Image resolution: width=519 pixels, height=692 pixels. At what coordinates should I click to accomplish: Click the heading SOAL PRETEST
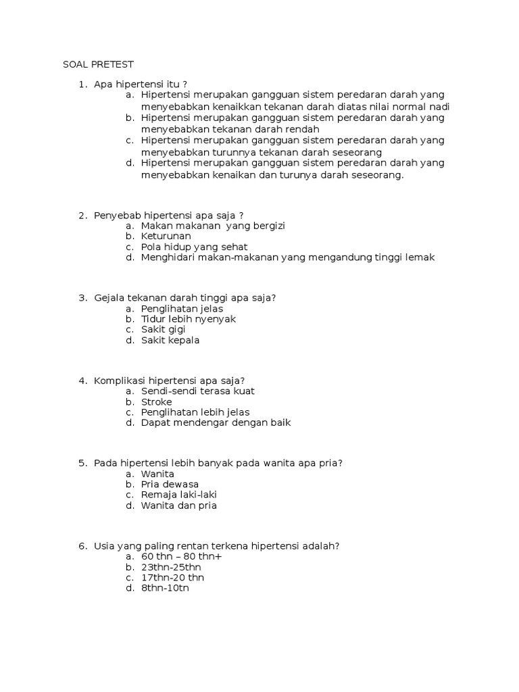click(98, 64)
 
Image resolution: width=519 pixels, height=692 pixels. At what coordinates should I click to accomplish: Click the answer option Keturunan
click(166, 236)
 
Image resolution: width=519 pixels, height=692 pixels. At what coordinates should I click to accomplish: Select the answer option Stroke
click(157, 401)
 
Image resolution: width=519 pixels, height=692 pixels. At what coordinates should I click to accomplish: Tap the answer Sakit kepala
click(170, 340)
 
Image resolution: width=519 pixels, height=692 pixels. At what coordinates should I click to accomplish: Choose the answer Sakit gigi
click(164, 329)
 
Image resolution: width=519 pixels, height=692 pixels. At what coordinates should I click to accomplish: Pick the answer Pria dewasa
click(170, 484)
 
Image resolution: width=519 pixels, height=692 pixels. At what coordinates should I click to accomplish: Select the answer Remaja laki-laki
click(178, 495)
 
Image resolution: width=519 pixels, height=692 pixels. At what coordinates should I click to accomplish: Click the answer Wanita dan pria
click(179, 505)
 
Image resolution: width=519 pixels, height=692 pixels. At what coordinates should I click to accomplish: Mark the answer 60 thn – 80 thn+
click(181, 556)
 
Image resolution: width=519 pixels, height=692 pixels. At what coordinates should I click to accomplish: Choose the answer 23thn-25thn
click(171, 567)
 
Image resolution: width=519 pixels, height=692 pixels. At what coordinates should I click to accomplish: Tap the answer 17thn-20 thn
click(172, 578)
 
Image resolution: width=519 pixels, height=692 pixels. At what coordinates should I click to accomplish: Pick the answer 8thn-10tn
click(165, 589)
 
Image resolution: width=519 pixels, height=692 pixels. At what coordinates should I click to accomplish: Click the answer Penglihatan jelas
click(182, 308)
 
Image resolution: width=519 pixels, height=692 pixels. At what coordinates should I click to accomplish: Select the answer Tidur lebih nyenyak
click(189, 319)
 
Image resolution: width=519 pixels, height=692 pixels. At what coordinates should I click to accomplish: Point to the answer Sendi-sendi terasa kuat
click(197, 391)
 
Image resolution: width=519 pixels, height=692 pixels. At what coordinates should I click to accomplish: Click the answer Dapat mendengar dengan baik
click(216, 423)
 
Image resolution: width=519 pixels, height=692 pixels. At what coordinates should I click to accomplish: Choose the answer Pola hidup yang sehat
click(195, 247)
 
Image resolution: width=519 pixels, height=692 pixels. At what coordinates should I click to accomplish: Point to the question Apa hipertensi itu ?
click(141, 84)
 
